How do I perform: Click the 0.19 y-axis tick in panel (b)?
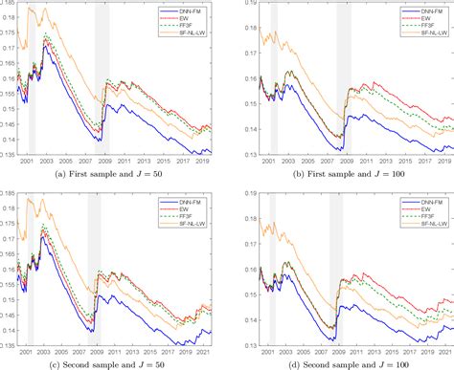[x=239, y=5]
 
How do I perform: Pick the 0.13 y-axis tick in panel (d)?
[x=239, y=342]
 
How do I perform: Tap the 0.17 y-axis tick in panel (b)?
[x=239, y=54]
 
